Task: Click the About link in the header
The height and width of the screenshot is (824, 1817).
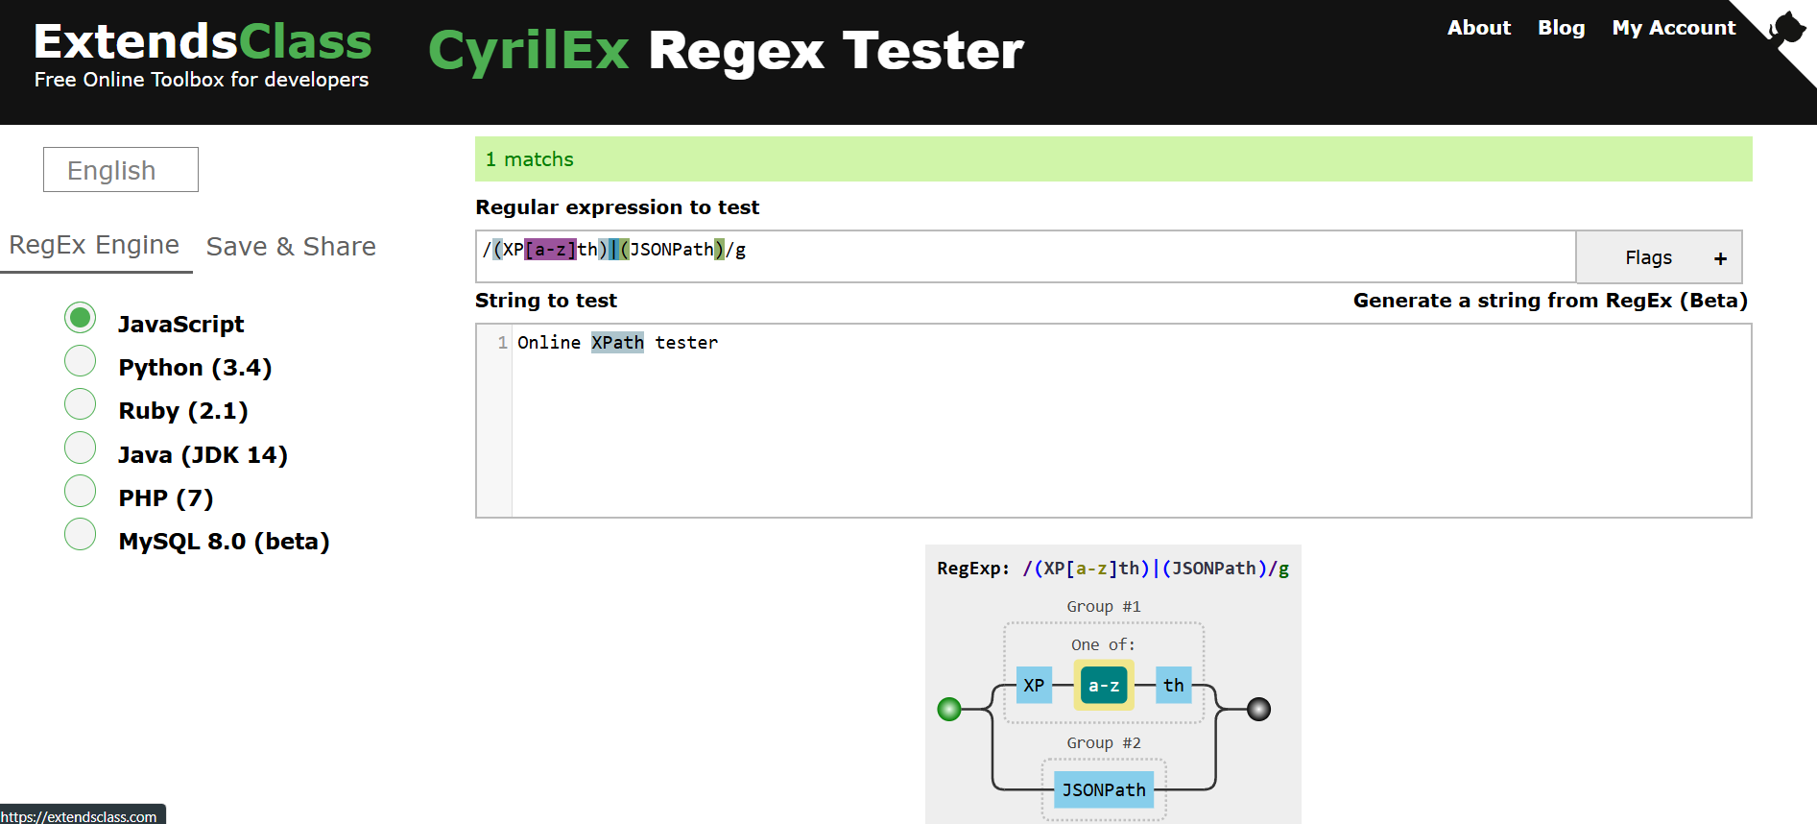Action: pos(1478,28)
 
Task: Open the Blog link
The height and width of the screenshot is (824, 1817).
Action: pos(1561,28)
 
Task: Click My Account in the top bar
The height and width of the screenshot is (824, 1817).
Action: pos(1673,28)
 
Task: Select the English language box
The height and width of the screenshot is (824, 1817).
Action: pos(121,170)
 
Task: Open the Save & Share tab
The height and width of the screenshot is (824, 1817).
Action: pos(291,247)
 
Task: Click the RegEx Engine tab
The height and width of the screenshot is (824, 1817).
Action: pos(94,245)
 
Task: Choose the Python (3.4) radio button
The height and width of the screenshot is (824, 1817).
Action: pos(81,361)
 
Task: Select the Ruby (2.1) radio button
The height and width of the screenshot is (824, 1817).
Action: pos(81,404)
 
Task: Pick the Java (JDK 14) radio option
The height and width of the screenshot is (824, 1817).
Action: pos(81,448)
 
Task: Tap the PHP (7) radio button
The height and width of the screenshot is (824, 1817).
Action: pos(81,491)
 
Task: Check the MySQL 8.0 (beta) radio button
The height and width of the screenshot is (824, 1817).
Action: pos(81,534)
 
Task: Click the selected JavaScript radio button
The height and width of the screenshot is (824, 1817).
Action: pos(81,318)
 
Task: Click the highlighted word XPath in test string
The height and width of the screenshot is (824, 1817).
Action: pos(617,343)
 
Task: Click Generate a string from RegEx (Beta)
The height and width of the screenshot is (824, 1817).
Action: pos(1549,301)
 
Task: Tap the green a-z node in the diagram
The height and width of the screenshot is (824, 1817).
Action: pos(1103,686)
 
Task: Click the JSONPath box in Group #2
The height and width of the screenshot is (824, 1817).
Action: pos(1103,789)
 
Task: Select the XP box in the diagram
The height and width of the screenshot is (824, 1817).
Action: pos(1034,686)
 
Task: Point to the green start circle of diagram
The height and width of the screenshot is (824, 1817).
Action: pos(949,710)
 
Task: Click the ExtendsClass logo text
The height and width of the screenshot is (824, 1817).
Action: pos(203,43)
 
